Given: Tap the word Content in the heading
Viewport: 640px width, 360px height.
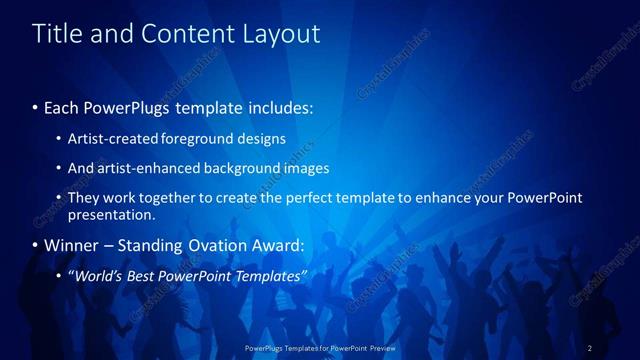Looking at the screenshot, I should pos(180,34).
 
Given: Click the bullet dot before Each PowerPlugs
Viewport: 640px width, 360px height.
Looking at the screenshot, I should pos(36,106).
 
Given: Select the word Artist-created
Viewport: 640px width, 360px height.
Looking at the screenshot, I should pos(114,139).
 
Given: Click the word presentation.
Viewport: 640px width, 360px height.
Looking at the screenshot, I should pos(111,214).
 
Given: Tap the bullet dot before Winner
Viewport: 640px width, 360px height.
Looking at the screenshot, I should pos(36,246).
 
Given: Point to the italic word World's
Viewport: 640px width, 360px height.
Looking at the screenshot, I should pos(97,275).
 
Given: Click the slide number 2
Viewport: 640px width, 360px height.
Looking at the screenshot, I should pos(590,348).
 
